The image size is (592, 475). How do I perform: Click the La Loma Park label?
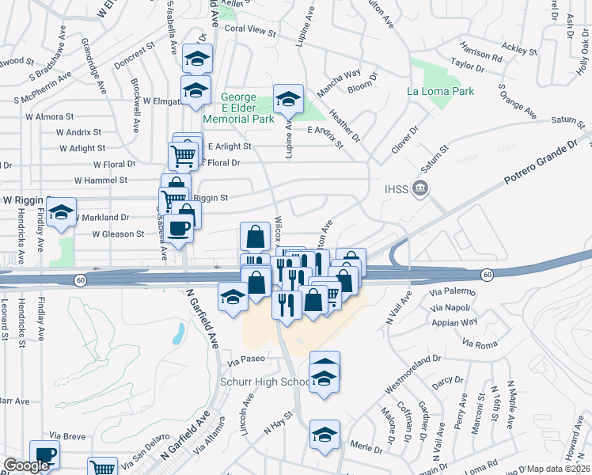pyautogui.click(x=440, y=91)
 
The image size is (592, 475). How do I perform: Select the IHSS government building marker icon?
pyautogui.click(x=421, y=190)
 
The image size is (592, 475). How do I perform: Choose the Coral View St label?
pyautogui.click(x=249, y=34)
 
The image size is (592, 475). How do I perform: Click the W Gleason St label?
pyautogui.click(x=118, y=234)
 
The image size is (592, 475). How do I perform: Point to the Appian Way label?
pyautogui.click(x=454, y=322)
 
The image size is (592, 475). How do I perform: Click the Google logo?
pyautogui.click(x=25, y=465)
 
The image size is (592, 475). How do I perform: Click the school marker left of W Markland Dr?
pyautogui.click(x=61, y=212)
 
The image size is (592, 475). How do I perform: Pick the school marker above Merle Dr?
pyautogui.click(x=324, y=435)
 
